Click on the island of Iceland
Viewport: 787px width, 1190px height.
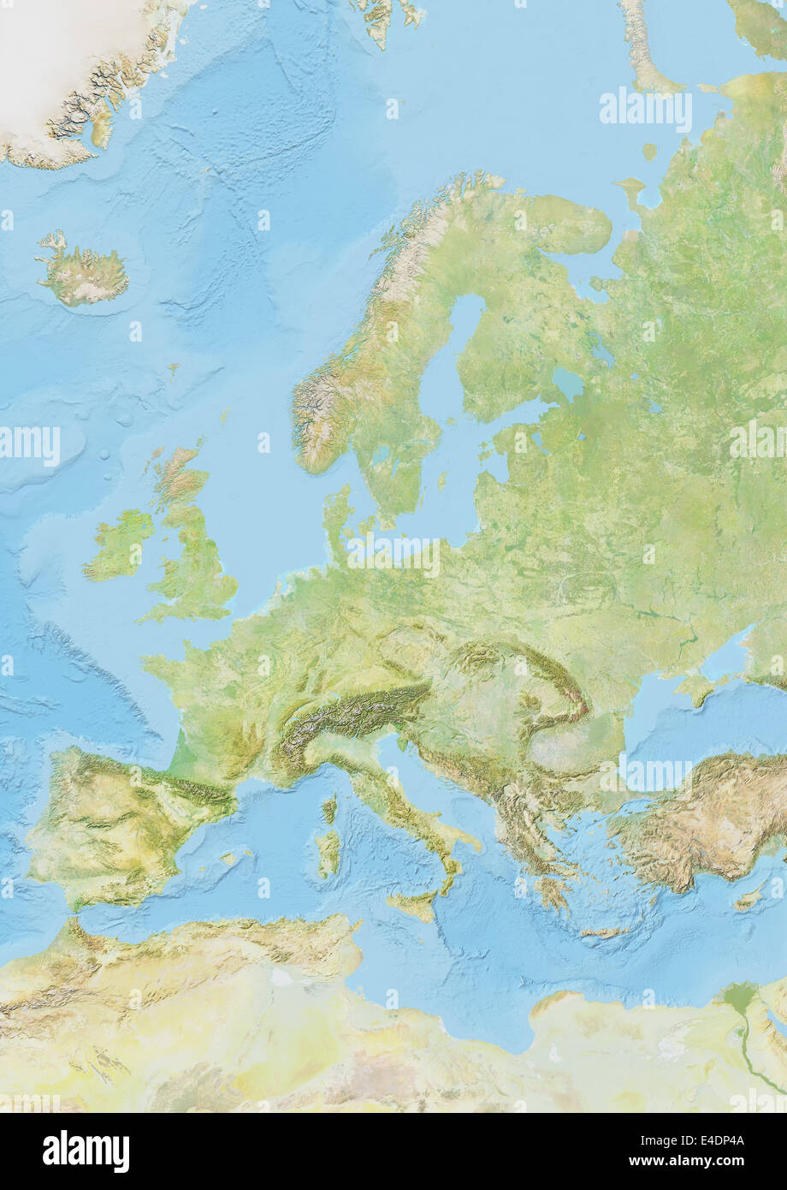tap(84, 273)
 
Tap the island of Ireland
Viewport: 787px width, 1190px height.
tap(120, 545)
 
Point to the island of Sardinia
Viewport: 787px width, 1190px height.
tap(328, 851)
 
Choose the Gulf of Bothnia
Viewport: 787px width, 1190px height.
tap(464, 342)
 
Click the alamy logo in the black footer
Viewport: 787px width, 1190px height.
tap(86, 1151)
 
